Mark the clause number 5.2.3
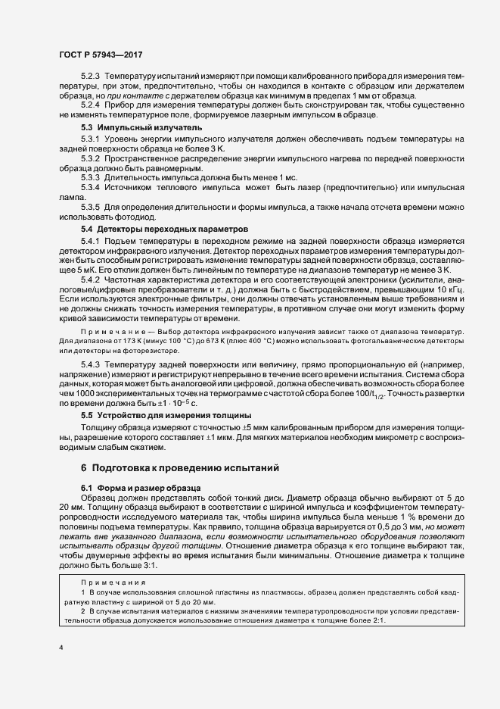click(x=91, y=77)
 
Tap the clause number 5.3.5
click(x=91, y=207)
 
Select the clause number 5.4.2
click(x=91, y=280)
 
